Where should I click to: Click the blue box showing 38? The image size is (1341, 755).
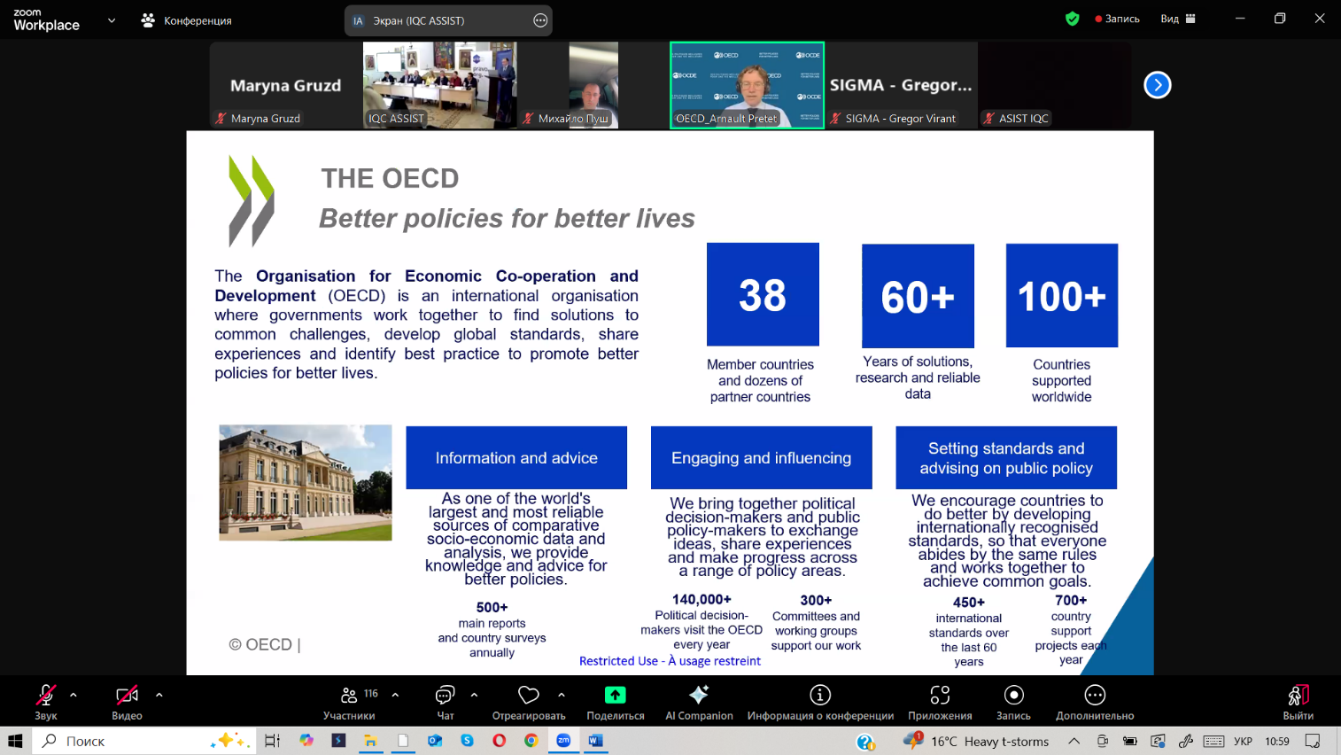click(763, 294)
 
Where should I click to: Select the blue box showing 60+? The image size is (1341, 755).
click(918, 295)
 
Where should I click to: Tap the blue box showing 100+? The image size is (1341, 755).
click(1061, 295)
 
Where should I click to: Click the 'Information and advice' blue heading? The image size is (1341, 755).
click(516, 457)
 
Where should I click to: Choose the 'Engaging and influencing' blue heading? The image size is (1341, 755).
click(761, 457)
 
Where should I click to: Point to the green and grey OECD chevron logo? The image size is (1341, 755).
click(252, 200)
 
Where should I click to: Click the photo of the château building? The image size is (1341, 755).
click(306, 483)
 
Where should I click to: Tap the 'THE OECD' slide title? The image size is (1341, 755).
click(390, 178)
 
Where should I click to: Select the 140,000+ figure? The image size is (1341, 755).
click(701, 599)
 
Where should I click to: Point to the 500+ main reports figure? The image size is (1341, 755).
click(492, 608)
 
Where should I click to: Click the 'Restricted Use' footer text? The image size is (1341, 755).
click(670, 661)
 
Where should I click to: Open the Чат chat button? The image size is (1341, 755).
click(445, 702)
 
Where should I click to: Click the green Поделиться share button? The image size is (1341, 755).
click(615, 702)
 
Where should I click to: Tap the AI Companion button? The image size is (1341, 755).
click(699, 702)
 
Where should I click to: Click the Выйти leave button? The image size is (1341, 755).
click(1298, 702)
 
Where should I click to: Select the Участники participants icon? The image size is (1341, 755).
click(348, 695)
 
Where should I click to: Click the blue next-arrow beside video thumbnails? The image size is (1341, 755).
click(1158, 85)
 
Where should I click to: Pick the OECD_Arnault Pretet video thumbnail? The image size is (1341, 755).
click(747, 85)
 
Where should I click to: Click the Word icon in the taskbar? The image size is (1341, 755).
click(595, 741)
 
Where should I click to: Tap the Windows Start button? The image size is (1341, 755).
click(16, 741)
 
